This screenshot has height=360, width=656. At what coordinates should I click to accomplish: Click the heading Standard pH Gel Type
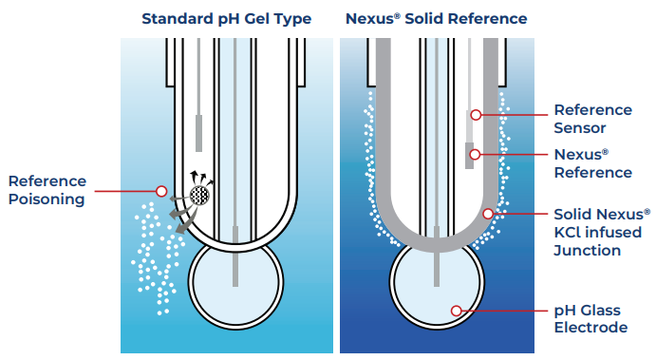click(226, 19)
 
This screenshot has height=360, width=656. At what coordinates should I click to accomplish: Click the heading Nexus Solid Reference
click(437, 19)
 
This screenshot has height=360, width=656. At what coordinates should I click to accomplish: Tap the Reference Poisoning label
click(47, 191)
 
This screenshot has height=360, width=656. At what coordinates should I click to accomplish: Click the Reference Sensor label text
click(592, 119)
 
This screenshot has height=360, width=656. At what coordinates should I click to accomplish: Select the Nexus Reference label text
click(592, 163)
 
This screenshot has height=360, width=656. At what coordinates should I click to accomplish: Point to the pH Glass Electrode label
click(590, 319)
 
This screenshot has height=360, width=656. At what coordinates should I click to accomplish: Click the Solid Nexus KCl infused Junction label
click(602, 233)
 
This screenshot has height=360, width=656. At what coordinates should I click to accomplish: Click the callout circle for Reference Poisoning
click(161, 191)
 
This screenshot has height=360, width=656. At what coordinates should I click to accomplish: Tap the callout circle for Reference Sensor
click(476, 115)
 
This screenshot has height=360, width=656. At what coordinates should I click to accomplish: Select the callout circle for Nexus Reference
click(475, 155)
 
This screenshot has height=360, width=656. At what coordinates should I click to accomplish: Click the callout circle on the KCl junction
click(488, 214)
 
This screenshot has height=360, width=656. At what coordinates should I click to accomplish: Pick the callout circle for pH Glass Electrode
click(457, 311)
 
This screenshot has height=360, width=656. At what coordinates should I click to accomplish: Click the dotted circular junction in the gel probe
click(199, 195)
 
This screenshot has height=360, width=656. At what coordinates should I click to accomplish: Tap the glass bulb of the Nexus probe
click(438, 285)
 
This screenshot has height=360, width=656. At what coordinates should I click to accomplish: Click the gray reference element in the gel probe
click(198, 133)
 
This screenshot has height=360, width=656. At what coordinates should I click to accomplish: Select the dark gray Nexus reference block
click(469, 155)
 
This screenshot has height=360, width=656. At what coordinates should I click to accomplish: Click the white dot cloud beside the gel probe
click(156, 258)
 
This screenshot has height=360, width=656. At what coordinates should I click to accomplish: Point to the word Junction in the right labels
click(588, 251)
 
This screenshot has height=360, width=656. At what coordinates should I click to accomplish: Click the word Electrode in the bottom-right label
click(590, 328)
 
